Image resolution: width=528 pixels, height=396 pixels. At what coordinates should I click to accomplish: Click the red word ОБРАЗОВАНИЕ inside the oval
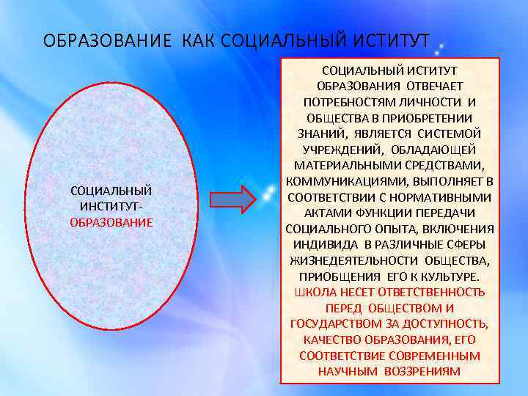pos(111,221)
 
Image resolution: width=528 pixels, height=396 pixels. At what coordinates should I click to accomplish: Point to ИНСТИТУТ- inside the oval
pos(111,206)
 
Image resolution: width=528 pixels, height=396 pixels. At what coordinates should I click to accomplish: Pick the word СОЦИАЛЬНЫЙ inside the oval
pos(111,191)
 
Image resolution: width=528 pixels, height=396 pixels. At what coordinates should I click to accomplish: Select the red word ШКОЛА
pos(312,292)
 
